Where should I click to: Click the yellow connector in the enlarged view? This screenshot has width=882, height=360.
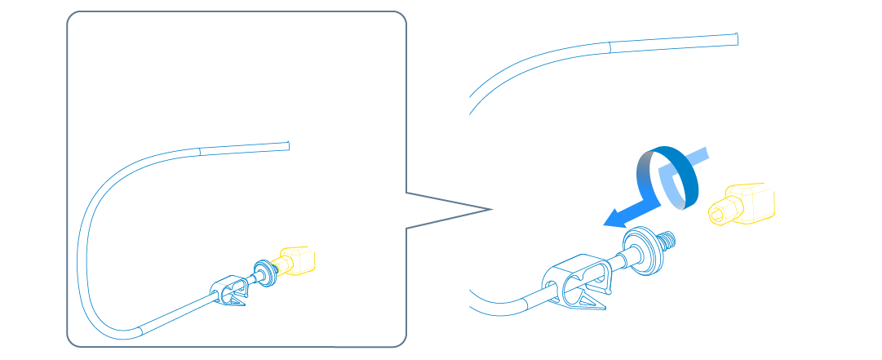click(x=744, y=205)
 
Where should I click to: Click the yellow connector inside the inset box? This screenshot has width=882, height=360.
click(x=297, y=260)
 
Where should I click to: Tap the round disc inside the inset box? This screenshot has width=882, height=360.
click(x=264, y=272)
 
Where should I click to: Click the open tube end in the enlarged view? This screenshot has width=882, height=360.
click(x=738, y=37)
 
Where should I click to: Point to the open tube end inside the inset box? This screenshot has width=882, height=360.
click(x=289, y=146)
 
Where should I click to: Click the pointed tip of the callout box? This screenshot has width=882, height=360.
click(x=492, y=210)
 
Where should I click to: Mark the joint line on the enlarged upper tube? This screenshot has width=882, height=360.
click(x=609, y=47)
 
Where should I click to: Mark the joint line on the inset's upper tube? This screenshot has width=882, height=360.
click(x=200, y=151)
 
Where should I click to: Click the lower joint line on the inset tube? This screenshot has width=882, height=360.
click(x=142, y=329)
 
